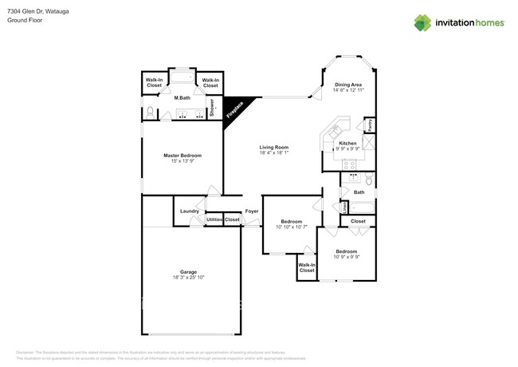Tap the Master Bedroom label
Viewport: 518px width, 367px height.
pos(182,156)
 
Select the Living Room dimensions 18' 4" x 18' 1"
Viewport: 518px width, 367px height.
pos(273,153)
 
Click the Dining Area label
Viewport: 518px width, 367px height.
pos(347,85)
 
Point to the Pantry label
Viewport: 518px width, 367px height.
pos(369,125)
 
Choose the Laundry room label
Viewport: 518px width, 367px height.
pos(189,211)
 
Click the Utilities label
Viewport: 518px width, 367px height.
pos(214,219)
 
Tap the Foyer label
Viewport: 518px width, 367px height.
pos(252,211)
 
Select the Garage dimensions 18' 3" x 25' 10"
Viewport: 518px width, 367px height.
pos(188,277)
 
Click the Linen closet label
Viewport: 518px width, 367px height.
pos(344,207)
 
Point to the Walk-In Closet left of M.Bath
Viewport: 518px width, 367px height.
pos(155,81)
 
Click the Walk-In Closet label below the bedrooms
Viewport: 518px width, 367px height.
pos(307,267)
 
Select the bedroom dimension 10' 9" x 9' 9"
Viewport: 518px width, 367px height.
pos(346,256)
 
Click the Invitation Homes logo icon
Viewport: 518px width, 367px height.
pos(423,22)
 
